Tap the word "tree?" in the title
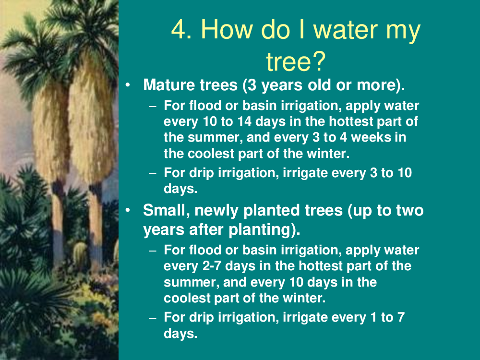coord(295,61)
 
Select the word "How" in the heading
coord(227,29)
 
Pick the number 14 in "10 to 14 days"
coord(244,121)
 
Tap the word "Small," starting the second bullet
coord(166,211)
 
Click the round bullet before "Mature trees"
coord(128,85)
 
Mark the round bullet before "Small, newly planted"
coord(128,211)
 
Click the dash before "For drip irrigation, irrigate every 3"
coord(153,174)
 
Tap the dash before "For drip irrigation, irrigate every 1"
coord(153,318)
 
